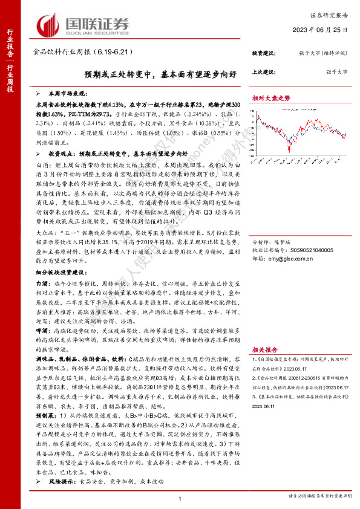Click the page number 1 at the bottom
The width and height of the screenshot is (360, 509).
(x=180, y=497)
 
